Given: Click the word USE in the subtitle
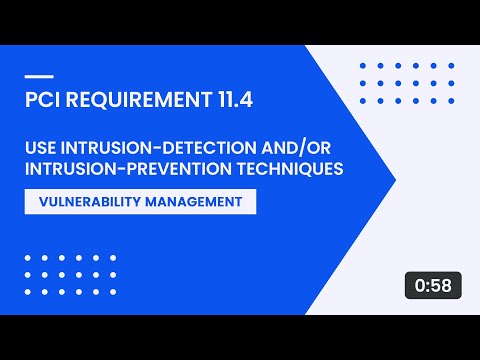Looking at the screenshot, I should [42, 147].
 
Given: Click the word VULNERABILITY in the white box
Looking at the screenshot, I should [92, 201].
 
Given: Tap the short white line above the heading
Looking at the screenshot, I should [36, 76].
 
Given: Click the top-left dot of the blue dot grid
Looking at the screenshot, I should [361, 66].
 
